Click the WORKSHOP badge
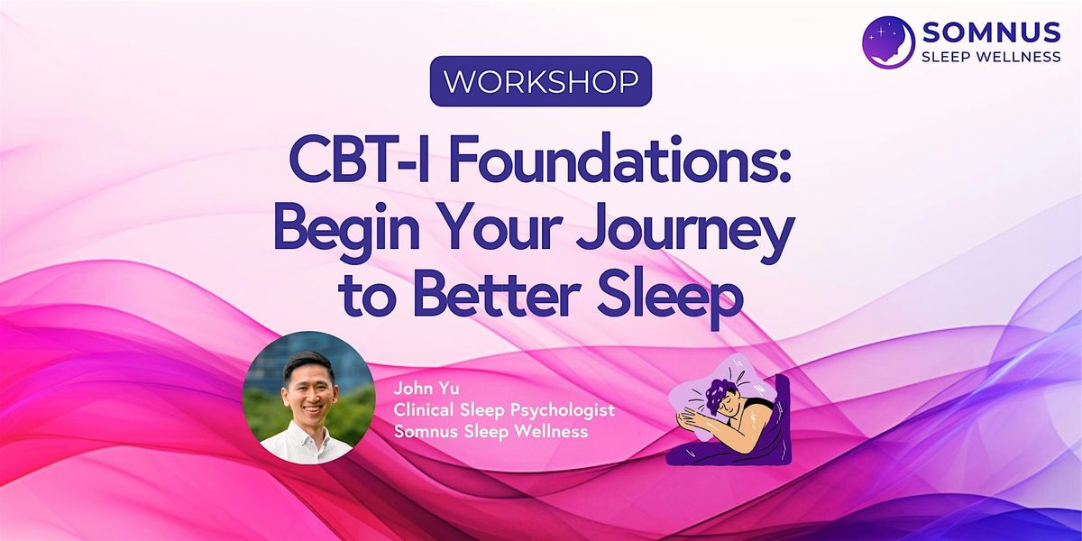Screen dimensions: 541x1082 (541, 82)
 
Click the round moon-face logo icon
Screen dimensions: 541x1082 (889, 41)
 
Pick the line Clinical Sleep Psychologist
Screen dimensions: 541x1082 (504, 410)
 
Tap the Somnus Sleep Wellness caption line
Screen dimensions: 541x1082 (491, 432)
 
